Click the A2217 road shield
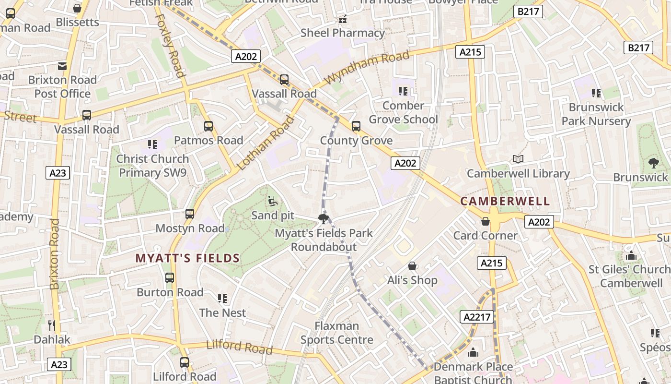477,316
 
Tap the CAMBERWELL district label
505,201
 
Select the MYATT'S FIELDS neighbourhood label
187,258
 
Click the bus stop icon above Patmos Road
208,126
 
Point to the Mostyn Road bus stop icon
190,214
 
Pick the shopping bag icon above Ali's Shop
412,266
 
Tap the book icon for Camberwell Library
518,159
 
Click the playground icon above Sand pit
273,201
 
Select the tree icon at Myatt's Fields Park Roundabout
324,219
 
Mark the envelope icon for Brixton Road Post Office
62,66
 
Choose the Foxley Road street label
170,45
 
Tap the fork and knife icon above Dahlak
52,325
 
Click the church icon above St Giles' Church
631,255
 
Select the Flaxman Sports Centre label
337,333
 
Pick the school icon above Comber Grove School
403,91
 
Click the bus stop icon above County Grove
356,126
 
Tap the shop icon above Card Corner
486,221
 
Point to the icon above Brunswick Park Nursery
596,93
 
